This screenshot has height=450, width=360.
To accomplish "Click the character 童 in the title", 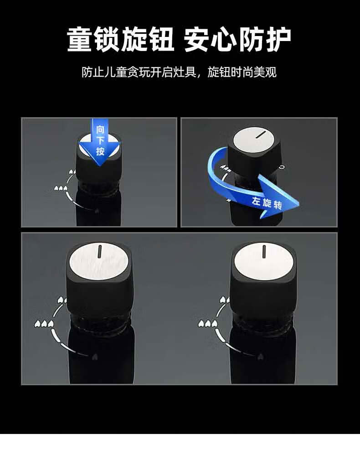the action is point(80,39).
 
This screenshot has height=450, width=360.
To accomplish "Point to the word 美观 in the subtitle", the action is point(265,72).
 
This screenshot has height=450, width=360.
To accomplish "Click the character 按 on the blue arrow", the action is point(100,151).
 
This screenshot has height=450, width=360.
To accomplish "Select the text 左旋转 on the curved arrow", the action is point(267,203).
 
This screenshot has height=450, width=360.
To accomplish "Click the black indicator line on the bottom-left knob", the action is point(100,251).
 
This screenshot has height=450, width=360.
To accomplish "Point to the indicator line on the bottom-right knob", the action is point(264,251).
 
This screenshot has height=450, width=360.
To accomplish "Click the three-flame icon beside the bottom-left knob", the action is point(44,324).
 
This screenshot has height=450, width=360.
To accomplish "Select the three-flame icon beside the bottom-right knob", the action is point(207,324).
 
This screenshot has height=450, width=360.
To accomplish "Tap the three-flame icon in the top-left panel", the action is point(61,188).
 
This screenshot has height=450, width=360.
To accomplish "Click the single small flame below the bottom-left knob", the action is point(94,357).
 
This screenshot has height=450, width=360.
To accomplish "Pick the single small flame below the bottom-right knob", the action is point(260,357).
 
